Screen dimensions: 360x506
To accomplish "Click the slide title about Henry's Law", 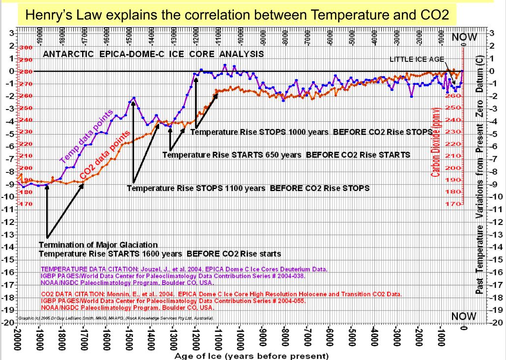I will pos(237,15).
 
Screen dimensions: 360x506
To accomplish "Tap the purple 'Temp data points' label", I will pos(87,136).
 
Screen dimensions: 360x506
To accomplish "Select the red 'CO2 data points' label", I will pos(105,156).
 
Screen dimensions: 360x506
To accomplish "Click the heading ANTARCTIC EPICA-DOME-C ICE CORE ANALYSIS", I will pos(153,54).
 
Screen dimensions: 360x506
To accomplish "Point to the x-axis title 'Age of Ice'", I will pos(251,356).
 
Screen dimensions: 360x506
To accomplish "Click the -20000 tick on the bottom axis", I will pos(17,337).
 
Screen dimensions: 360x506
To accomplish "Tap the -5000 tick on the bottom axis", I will pos(352,337).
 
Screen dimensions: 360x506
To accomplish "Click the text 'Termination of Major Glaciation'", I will pos(98,245).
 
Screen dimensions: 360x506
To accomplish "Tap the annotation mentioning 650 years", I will pos(286,155).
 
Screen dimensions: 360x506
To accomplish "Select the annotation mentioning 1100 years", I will pos(248,188).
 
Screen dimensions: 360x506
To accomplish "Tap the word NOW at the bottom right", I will pos(463,316).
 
